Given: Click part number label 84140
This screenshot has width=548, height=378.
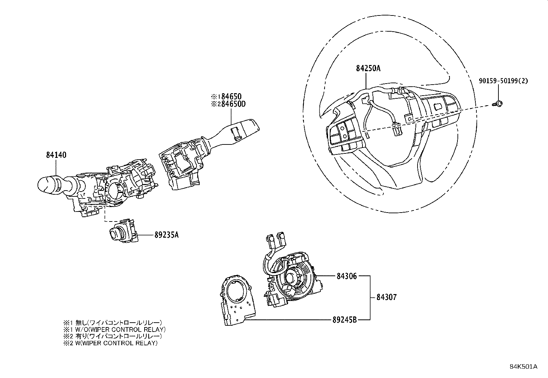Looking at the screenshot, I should coord(56,155).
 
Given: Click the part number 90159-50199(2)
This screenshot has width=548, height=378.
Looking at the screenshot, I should coord(503,81).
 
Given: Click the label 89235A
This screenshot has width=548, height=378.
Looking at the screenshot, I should coord(166,235).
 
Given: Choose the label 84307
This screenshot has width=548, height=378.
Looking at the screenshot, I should coord(386,297).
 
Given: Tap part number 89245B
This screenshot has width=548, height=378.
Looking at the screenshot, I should coord(345,320).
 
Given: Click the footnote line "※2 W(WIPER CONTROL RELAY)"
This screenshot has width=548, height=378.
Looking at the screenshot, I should coord(110,343).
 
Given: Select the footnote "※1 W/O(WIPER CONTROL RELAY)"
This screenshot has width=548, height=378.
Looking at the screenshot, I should coord(114,329).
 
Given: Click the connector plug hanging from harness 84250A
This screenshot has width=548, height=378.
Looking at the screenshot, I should coord(398,130).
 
